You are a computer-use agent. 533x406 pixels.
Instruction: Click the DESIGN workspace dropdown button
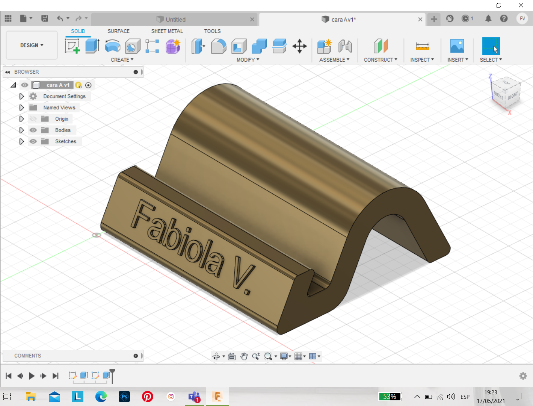click(32, 45)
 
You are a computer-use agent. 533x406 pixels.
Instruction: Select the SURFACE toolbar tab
click(118, 31)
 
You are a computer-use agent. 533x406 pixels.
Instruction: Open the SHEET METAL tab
click(167, 31)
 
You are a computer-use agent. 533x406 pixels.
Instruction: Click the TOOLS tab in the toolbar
click(212, 31)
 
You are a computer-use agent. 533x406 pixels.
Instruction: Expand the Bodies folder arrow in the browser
click(21, 130)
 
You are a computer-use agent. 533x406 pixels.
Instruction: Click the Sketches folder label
click(65, 141)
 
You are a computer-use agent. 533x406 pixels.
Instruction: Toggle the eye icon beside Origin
click(33, 119)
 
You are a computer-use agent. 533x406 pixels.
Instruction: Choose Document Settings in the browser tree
click(64, 96)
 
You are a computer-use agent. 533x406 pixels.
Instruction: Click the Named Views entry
click(59, 108)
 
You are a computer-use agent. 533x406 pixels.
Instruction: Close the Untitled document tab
click(252, 20)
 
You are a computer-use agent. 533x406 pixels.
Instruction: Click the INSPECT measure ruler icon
click(422, 46)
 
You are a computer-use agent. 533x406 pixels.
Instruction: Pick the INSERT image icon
click(457, 46)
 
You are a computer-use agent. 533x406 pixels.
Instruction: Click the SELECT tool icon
click(491, 46)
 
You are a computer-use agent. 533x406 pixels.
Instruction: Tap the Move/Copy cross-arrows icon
click(299, 46)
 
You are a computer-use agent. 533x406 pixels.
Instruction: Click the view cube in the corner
click(506, 92)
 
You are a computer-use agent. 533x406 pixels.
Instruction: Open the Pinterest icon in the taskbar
click(148, 397)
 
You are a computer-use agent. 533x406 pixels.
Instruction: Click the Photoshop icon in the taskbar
click(124, 397)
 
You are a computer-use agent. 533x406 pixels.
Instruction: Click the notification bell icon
click(488, 18)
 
